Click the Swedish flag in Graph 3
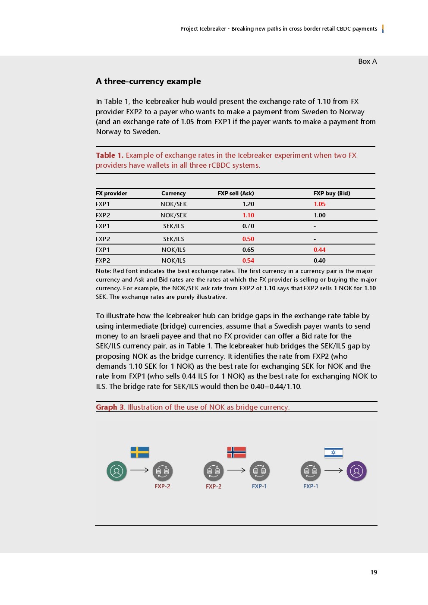140,452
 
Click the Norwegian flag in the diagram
236,452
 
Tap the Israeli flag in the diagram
334,452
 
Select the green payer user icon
116,471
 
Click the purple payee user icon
357,471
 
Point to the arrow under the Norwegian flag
236,470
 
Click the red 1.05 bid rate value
320,204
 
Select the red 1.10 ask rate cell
248,215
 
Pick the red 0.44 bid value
320,250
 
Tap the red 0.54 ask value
248,260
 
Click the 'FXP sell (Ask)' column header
236,193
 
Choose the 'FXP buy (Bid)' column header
332,193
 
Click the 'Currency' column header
173,193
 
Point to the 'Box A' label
368,61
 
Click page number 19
374,572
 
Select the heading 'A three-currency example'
148,82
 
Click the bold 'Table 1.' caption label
110,155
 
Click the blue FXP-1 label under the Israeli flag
311,486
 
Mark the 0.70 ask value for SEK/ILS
248,226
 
